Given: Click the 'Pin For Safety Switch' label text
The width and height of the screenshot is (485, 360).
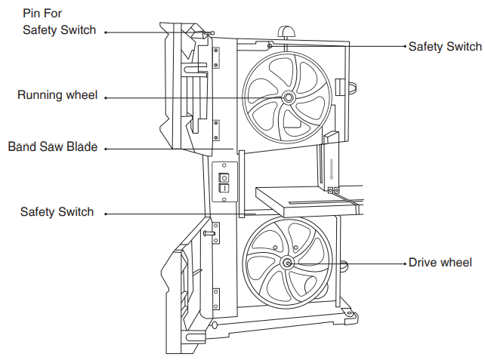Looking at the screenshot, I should (x=59, y=22).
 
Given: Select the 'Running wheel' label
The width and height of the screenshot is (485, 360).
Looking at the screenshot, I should (x=57, y=96).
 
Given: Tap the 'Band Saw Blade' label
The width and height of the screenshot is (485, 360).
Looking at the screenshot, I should (x=53, y=147).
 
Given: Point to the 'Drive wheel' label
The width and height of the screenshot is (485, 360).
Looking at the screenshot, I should (x=440, y=263).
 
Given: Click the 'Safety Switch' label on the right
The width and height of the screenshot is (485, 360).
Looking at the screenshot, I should (x=444, y=47).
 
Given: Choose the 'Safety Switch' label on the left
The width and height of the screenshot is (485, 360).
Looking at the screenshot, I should (x=57, y=212).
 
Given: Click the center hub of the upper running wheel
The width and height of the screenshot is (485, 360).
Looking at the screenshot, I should (x=288, y=98).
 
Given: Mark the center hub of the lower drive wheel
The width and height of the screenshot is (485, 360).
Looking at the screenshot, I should (x=287, y=263).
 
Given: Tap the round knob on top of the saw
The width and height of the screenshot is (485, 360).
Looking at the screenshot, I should (x=286, y=31).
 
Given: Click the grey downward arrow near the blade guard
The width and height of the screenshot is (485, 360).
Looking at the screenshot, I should (x=331, y=167).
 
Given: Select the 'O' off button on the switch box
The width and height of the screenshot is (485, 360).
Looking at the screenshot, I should (x=223, y=178).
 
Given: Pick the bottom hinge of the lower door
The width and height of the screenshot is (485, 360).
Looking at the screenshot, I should (x=216, y=297).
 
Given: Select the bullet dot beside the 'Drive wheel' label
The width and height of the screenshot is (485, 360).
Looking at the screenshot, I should (x=401, y=263).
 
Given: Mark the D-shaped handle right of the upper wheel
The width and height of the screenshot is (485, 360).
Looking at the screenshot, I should (x=342, y=87).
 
